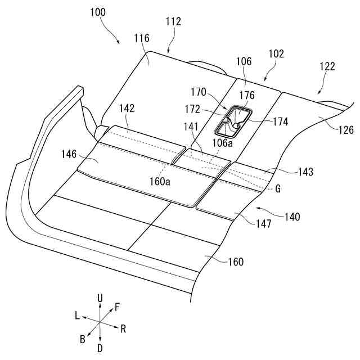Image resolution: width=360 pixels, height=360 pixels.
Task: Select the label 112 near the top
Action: pyautogui.click(x=173, y=22)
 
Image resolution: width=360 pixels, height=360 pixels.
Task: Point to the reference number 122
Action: pyautogui.click(x=327, y=66)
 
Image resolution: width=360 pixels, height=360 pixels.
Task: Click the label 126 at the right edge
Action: pyautogui.click(x=346, y=130)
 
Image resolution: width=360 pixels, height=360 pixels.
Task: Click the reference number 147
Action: pyautogui.click(x=263, y=224)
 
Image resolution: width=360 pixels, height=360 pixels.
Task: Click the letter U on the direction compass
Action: pyautogui.click(x=100, y=297)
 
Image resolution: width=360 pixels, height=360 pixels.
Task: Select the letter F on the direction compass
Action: pyautogui.click(x=117, y=307)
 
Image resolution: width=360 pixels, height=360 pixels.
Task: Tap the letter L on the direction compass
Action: pyautogui.click(x=76, y=316)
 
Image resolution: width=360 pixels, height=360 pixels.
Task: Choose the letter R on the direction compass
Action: pyautogui.click(x=123, y=327)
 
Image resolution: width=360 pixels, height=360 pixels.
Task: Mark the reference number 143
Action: pyautogui.click(x=307, y=172)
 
